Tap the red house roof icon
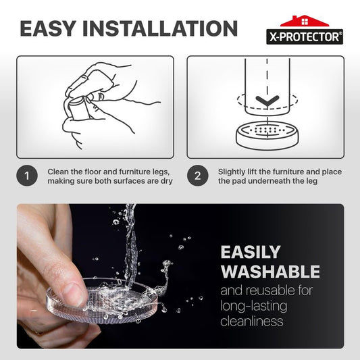(305, 21)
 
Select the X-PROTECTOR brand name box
(305, 36)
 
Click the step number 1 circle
(27, 176)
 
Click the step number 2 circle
(197, 176)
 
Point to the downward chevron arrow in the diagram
(267, 102)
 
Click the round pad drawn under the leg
(267, 136)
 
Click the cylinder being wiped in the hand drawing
(79, 109)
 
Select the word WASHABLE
(270, 272)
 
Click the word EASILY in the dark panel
(251, 252)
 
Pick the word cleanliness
(252, 321)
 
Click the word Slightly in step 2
(232, 172)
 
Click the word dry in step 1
(167, 182)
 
